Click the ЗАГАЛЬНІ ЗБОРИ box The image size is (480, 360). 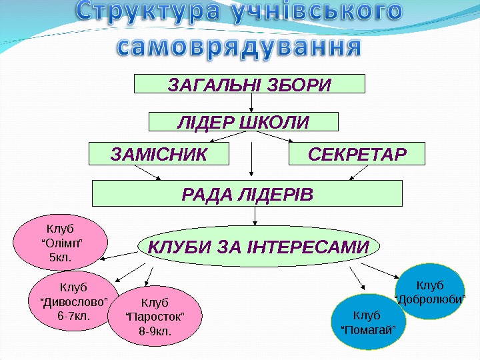coord(250,84)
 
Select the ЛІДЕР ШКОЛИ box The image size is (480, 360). coord(243,122)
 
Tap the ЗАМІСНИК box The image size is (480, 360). coord(159,154)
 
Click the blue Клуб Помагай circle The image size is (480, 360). coord(368,321)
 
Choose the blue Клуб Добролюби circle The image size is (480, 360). coord(430,291)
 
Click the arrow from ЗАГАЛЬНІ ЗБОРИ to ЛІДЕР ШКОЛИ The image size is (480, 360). coord(252,101)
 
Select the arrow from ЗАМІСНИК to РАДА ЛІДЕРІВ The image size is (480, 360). coord(149,173)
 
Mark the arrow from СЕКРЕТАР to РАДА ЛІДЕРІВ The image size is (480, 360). coord(360,173)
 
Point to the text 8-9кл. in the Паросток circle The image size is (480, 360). coord(154,330)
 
